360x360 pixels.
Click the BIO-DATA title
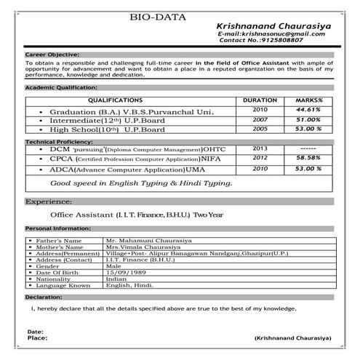[x=158, y=15]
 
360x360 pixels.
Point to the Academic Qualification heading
[x=61, y=87]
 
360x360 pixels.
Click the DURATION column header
[x=260, y=100]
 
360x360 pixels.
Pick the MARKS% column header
[x=308, y=100]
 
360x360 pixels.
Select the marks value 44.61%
[x=309, y=110]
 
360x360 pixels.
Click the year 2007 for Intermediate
[x=260, y=119]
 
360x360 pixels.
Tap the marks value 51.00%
[x=309, y=119]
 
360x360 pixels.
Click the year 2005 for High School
[x=260, y=129]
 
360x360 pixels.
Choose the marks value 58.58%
[x=309, y=157]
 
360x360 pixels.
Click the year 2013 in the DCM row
[x=260, y=148]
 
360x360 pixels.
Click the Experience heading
[x=48, y=201]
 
